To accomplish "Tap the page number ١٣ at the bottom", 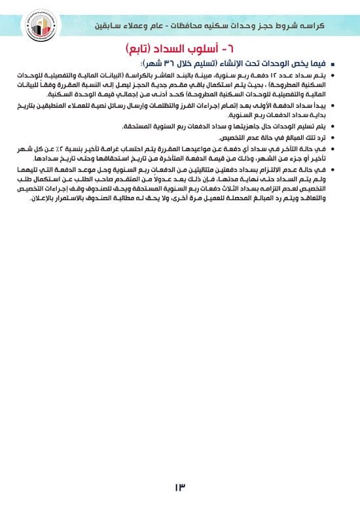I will pyautogui.click(x=180, y=488).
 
